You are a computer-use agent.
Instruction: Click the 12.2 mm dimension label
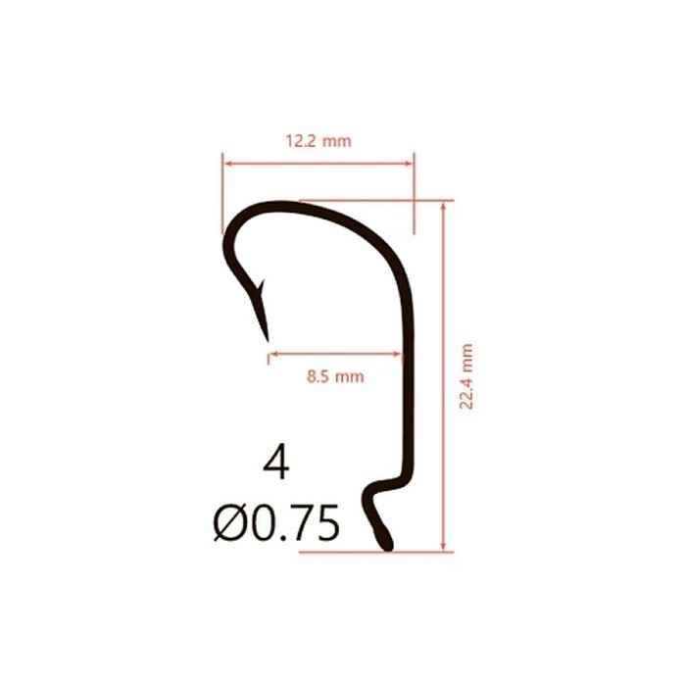(318, 141)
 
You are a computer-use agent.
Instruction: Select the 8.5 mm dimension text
(334, 375)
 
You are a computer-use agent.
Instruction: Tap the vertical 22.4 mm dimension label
(466, 376)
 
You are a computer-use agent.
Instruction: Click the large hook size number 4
(276, 463)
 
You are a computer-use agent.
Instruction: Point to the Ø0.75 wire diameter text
(276, 523)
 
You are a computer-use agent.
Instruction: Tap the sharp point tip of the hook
(266, 339)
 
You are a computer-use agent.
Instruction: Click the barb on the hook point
(261, 287)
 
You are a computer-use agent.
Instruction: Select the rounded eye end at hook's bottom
(386, 542)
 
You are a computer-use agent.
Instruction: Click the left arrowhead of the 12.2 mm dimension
(226, 163)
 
